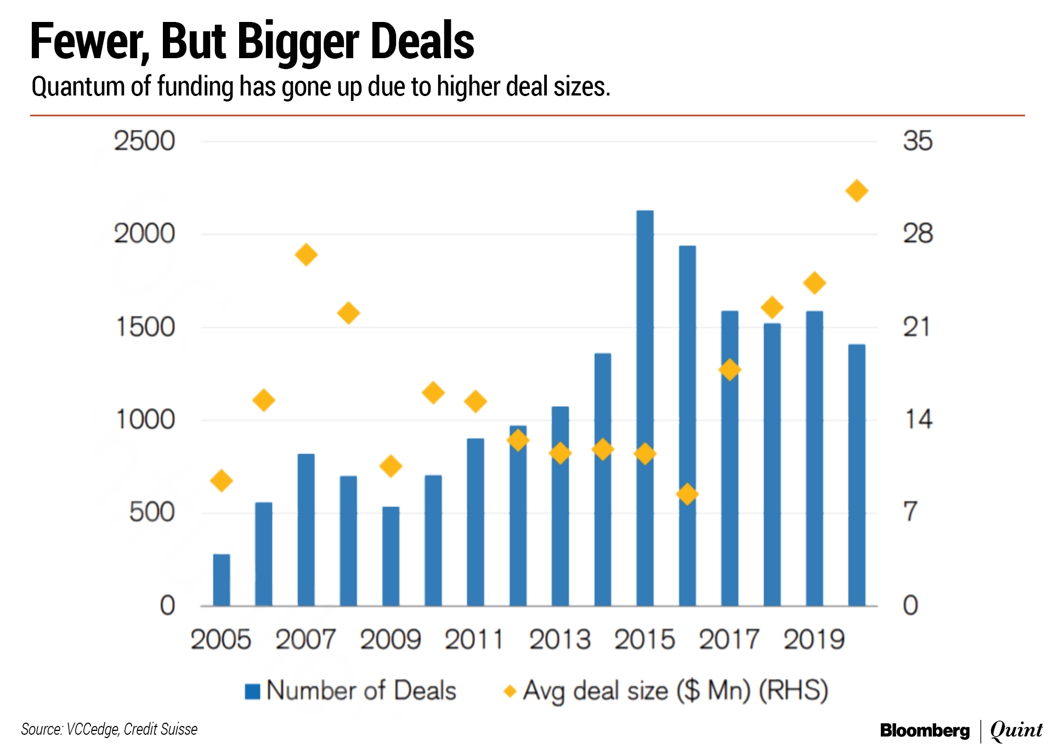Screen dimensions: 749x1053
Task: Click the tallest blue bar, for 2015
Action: point(645,408)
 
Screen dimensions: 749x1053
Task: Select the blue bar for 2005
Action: point(222,580)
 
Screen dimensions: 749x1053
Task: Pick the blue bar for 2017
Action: point(729,458)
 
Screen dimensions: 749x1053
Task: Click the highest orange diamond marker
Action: point(857,191)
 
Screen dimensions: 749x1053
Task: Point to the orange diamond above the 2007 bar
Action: point(306,255)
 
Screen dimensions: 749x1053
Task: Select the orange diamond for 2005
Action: point(222,481)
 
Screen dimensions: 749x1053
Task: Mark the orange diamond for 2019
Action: point(814,283)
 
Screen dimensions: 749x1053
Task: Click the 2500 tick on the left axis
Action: point(144,141)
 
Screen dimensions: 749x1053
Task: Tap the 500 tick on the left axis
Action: point(152,513)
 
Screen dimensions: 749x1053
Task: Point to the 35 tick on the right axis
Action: point(918,141)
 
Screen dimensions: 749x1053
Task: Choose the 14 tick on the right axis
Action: point(918,420)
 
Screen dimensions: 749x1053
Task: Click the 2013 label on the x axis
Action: point(560,640)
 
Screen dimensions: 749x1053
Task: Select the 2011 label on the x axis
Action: point(474,640)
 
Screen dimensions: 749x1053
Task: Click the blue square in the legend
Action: point(252,691)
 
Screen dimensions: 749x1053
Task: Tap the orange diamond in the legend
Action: point(510,691)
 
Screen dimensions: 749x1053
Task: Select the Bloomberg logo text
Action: point(925,730)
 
